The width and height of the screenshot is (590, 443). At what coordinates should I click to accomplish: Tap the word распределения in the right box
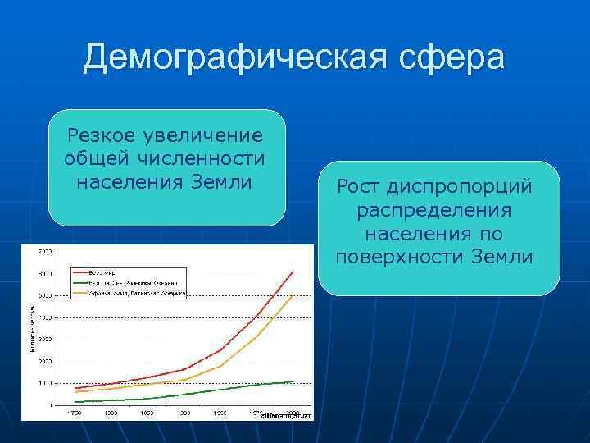[434, 211]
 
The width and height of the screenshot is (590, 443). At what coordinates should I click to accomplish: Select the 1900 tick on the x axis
[184, 413]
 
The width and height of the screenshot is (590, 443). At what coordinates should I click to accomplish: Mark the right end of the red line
[293, 271]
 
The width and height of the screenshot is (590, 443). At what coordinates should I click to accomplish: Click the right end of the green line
[293, 382]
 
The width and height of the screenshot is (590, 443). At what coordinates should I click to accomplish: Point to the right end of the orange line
[293, 295]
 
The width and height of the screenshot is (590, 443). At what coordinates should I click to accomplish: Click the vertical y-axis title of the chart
[32, 328]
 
